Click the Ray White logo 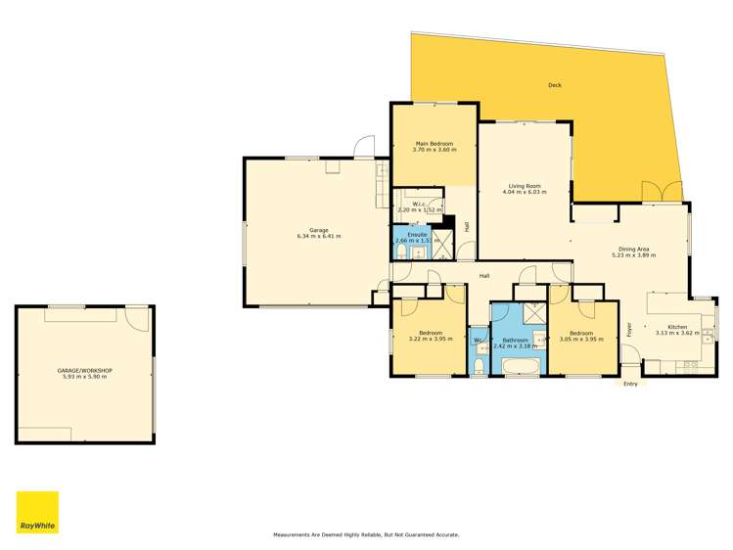tap(37, 512)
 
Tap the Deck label tap(555, 85)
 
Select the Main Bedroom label tap(435, 144)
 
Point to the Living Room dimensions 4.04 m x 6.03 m tap(525, 192)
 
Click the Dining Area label tap(633, 250)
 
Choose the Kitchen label tap(677, 327)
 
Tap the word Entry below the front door tap(630, 384)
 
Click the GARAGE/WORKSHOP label tap(84, 371)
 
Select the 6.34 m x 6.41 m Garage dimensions tap(319, 237)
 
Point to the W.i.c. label tap(419, 205)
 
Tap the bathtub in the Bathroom tap(522, 366)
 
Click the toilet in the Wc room tap(479, 366)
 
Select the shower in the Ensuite tap(442, 244)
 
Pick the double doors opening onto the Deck tap(662, 192)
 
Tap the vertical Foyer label tap(629, 330)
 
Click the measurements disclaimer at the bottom tap(366, 534)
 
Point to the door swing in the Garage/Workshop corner tap(137, 317)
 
